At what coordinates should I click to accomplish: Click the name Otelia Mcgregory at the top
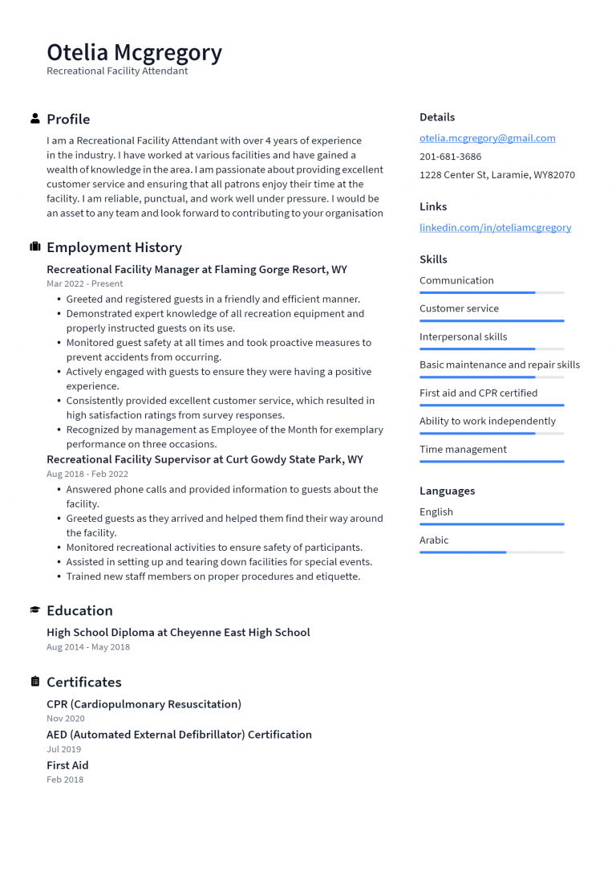(134, 52)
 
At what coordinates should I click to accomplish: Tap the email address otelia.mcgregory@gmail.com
(487, 138)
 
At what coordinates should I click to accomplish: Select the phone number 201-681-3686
(450, 157)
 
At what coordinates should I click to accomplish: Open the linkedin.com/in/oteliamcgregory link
(495, 227)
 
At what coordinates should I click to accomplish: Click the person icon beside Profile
(35, 119)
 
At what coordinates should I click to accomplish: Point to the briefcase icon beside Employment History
(35, 247)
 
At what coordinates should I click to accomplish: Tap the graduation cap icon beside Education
(35, 610)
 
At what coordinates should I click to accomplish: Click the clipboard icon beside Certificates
(35, 682)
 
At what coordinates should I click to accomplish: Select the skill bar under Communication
(492, 292)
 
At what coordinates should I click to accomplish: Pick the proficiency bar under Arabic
(492, 552)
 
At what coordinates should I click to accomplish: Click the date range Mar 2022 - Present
(84, 283)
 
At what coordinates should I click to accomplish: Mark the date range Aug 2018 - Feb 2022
(87, 474)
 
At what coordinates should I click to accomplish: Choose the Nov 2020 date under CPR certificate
(65, 719)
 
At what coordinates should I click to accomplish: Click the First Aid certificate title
(67, 765)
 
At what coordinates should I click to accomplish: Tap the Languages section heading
(447, 491)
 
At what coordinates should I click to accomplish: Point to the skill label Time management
(463, 450)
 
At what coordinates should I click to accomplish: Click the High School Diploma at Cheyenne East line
(178, 633)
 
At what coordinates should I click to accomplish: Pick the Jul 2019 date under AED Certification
(63, 749)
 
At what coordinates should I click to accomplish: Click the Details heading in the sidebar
(437, 117)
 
